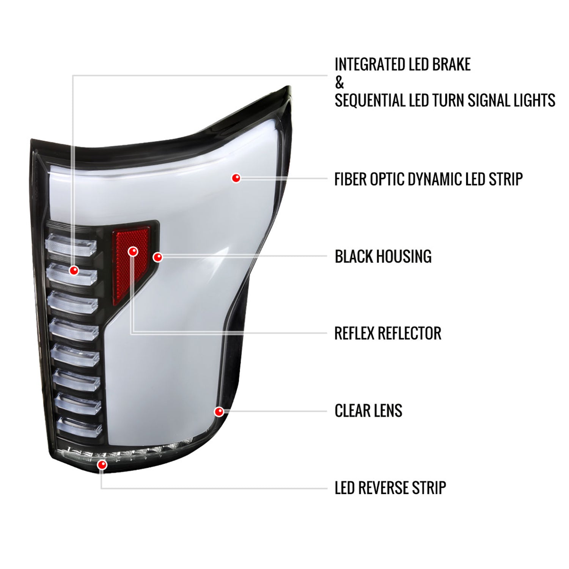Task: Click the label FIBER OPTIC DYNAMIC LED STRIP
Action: (428, 179)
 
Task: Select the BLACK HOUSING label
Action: (383, 256)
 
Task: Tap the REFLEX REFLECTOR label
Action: (388, 333)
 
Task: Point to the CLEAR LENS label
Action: (368, 410)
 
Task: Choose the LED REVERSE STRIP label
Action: (390, 488)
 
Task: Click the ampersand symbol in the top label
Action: (339, 83)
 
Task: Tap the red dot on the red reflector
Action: (133, 251)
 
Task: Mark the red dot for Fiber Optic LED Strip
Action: (236, 178)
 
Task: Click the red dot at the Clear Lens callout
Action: (219, 411)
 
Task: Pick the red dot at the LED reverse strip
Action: (102, 465)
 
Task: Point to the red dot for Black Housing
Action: (157, 257)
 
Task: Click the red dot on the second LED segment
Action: (74, 270)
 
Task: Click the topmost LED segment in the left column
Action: (71, 243)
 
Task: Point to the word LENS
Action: (388, 410)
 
